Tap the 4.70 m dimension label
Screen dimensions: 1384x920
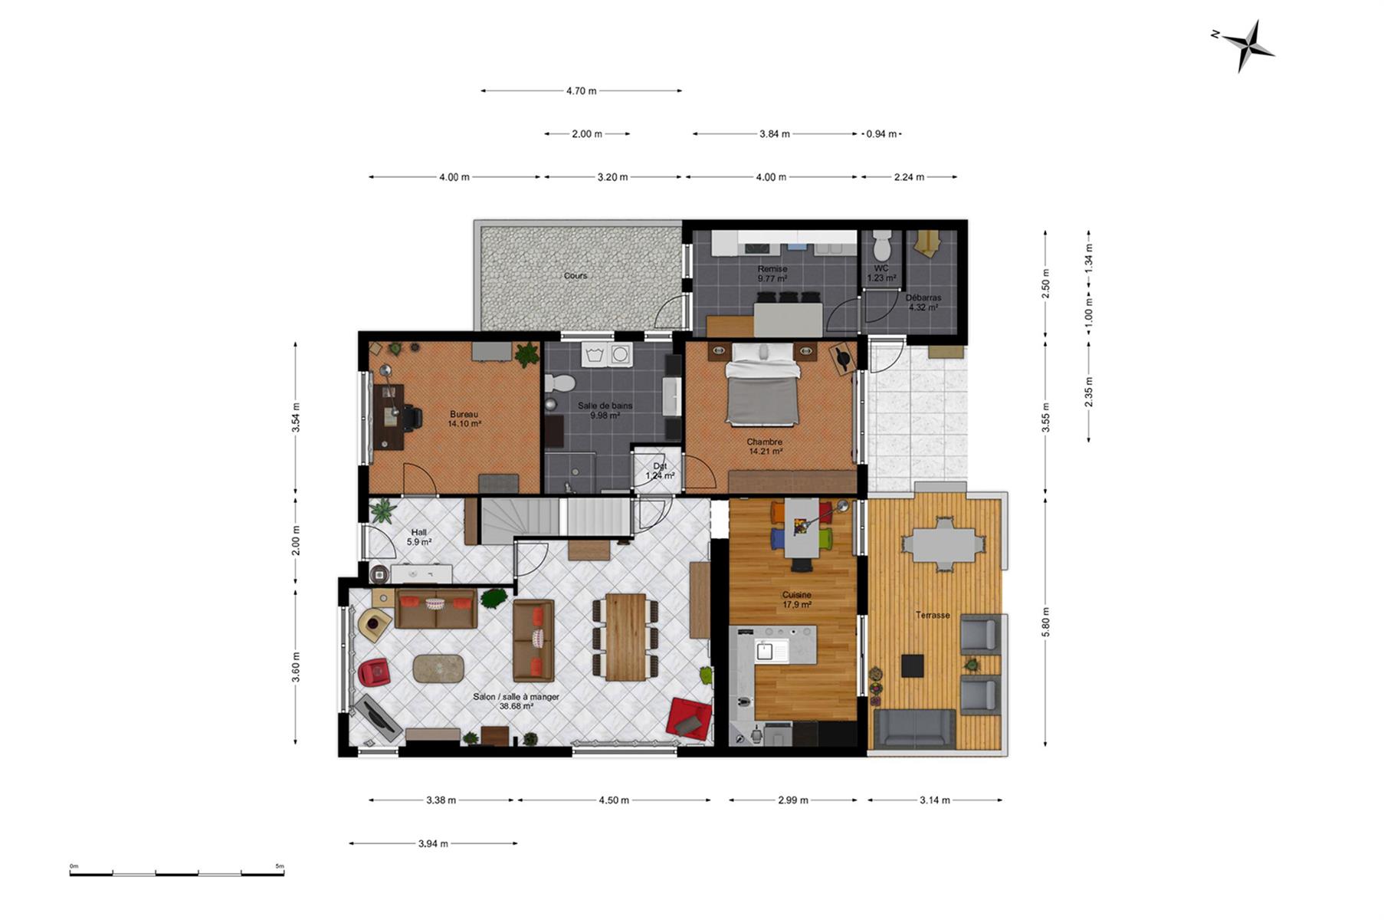pos(581,91)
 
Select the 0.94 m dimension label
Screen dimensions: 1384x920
pos(881,134)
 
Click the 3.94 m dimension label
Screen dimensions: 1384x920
pos(433,844)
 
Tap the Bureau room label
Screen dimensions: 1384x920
pos(464,415)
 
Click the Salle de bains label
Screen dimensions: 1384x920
pos(605,406)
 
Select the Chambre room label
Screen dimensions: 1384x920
pos(765,442)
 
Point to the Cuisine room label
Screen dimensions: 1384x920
pos(796,595)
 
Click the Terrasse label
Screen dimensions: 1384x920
pos(933,615)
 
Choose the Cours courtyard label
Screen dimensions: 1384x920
pos(576,276)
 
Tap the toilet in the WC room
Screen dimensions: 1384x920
pos(881,244)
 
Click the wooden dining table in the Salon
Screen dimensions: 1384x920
pos(626,636)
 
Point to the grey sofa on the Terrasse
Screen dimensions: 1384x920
pos(915,728)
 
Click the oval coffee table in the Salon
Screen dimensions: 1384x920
pos(438,668)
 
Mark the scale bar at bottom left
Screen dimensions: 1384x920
pos(177,872)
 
